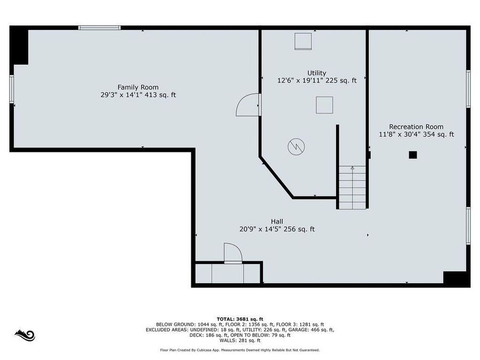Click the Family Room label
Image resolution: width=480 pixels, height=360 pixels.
(x=138, y=87)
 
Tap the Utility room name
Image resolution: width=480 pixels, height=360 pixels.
(x=316, y=73)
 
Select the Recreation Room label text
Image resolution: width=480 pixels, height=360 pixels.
(x=416, y=126)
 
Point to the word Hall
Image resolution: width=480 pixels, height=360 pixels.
(x=277, y=221)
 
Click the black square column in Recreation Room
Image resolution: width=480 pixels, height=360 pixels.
(x=412, y=155)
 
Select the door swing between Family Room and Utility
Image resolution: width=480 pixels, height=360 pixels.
(x=246, y=105)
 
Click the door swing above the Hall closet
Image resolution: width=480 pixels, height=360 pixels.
(x=232, y=253)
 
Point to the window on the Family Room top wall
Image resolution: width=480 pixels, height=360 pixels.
(x=99, y=28)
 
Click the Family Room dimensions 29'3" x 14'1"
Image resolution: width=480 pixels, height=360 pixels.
(x=119, y=95)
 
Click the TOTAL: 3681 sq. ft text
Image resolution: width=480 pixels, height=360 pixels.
(x=239, y=318)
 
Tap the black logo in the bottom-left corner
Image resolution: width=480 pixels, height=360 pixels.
(x=25, y=335)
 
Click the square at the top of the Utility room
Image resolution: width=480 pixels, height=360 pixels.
(x=303, y=41)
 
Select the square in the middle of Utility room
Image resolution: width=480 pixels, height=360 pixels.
(x=324, y=105)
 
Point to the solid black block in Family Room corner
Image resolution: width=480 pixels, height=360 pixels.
(x=20, y=46)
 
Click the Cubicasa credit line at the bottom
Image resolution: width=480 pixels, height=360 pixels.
(x=239, y=350)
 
